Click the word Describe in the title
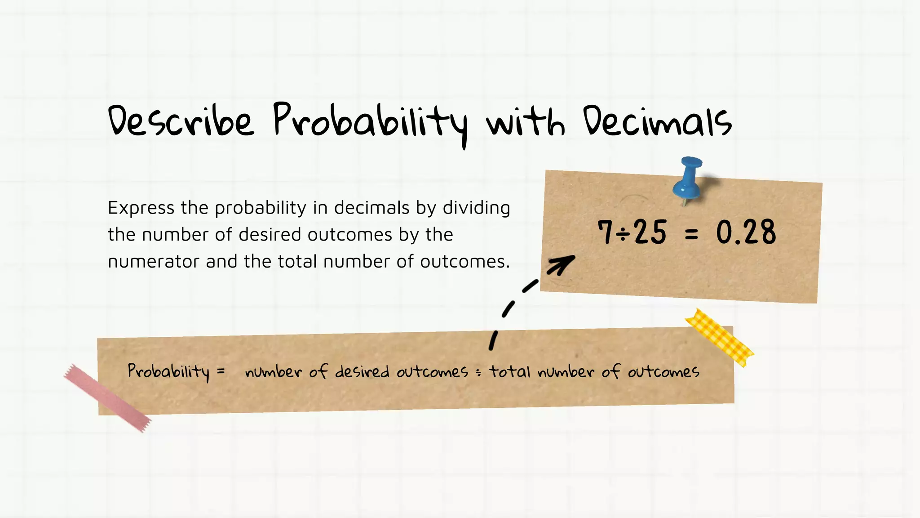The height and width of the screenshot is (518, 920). [x=181, y=121]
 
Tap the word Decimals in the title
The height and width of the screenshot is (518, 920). [x=657, y=121]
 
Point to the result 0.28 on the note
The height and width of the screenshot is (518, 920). [x=746, y=232]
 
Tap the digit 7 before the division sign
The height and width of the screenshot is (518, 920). [x=605, y=232]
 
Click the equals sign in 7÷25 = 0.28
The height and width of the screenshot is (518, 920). [x=691, y=233]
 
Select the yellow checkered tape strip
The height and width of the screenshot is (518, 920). [x=719, y=337]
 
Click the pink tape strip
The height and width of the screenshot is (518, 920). [x=107, y=398]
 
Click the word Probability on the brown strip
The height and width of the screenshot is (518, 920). [x=168, y=371]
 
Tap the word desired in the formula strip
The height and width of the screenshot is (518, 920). [x=362, y=371]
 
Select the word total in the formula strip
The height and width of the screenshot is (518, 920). [x=510, y=371]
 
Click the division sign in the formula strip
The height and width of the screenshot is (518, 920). [x=478, y=372]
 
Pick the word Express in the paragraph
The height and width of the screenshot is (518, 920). [x=141, y=208]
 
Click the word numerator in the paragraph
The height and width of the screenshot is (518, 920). [x=153, y=261]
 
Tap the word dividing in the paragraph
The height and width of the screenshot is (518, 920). [x=476, y=208]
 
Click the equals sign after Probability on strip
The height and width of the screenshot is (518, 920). [x=221, y=371]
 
